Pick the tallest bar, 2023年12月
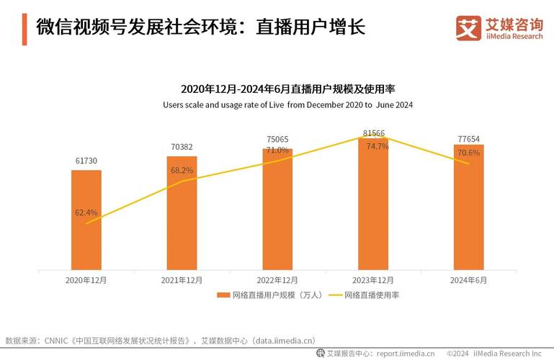pyautogui.click(x=372, y=204)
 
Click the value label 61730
pyautogui.click(x=86, y=161)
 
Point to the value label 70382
pyautogui.click(x=182, y=146)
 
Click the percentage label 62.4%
pyautogui.click(x=86, y=212)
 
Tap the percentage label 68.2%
pyautogui.click(x=182, y=171)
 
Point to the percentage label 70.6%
pyautogui.click(x=468, y=153)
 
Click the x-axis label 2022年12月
pyautogui.click(x=277, y=279)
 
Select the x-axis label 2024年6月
pyautogui.click(x=468, y=279)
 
